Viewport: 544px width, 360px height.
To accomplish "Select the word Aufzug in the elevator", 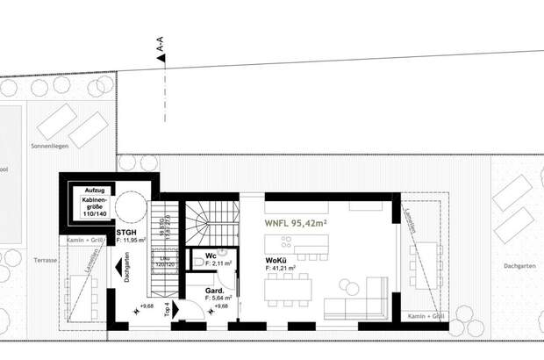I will tap(93, 191).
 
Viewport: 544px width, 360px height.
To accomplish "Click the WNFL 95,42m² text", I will tap(297, 224).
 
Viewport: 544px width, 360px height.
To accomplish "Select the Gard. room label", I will tap(213, 291).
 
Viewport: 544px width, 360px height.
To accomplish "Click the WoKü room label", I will tap(276, 261).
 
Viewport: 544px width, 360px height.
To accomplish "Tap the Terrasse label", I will tap(46, 261).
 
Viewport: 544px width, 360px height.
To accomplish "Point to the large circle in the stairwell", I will tap(132, 207).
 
